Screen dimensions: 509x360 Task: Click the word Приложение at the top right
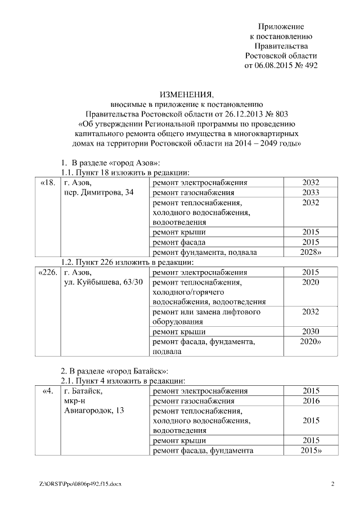coord(281,26)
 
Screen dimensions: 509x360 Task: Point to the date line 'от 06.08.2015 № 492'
coord(281,65)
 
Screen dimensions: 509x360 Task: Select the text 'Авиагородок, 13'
coord(94,411)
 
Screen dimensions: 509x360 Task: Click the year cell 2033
coord(310,193)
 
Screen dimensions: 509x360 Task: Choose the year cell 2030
coord(310,331)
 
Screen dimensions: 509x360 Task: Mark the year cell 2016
coord(310,400)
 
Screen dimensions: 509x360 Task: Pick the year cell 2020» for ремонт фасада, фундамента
coord(310,341)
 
